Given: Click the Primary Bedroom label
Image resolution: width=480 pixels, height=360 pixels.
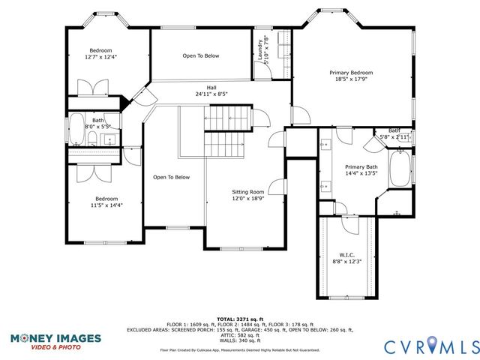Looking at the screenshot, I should pos(351,73).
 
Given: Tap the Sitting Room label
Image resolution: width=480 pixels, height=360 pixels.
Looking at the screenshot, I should pos(247,192).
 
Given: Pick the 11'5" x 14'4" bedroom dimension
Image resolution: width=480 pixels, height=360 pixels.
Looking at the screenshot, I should pos(106,204).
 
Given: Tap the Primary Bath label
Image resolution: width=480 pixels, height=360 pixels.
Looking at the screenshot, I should pos(361,166).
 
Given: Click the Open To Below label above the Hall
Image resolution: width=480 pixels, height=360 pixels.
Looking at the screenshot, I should pos(200,56).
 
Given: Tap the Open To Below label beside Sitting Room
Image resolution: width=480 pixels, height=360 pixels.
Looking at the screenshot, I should pos(171,178).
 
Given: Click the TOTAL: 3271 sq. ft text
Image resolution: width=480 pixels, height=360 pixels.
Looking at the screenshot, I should pos(239,319).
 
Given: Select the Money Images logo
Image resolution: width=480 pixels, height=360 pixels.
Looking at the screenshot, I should pos(55,342).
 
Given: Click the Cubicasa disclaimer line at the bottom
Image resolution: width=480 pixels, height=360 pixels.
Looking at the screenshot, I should pos(239,350).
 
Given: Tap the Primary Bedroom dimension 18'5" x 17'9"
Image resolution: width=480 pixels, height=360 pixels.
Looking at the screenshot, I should pos(351,80).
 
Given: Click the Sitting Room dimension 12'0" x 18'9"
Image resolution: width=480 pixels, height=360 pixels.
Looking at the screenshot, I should pos(247,199).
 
